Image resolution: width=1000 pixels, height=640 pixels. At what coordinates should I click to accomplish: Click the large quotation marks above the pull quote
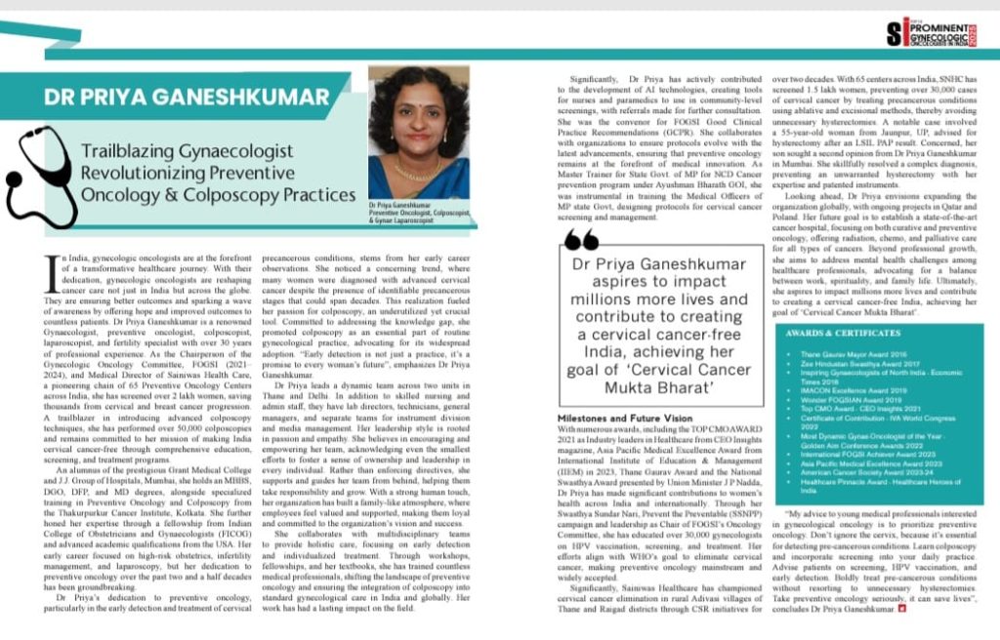[x=582, y=241]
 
